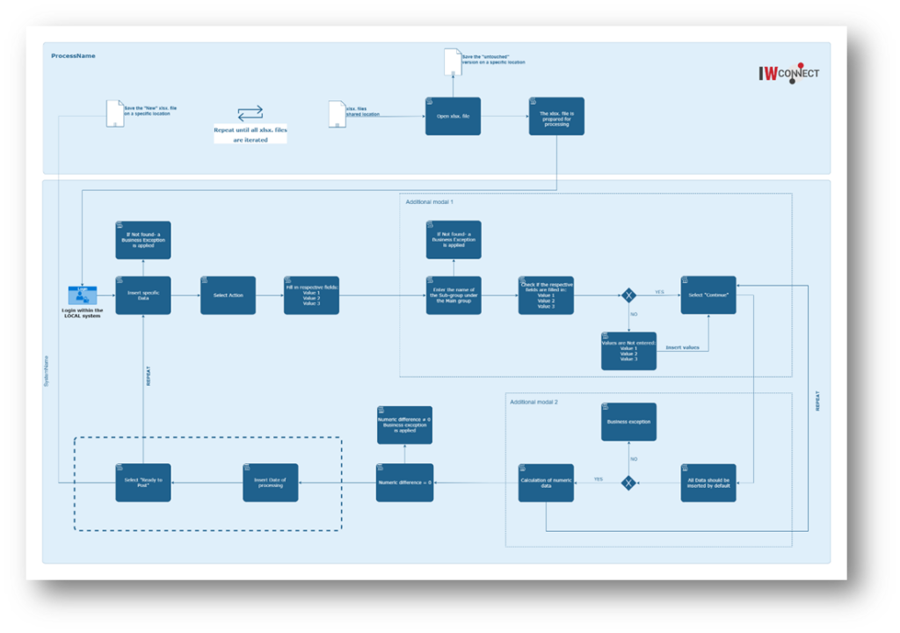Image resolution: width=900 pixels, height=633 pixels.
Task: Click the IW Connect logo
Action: click(x=788, y=74)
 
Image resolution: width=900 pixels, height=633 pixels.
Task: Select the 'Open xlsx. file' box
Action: click(x=453, y=116)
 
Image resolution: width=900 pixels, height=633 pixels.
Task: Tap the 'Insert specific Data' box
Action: click(x=142, y=295)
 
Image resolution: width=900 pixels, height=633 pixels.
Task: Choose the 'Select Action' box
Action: click(x=228, y=295)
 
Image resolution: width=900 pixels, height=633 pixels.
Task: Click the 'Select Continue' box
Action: click(x=708, y=295)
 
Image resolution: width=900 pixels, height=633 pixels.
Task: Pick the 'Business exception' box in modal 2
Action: click(x=628, y=422)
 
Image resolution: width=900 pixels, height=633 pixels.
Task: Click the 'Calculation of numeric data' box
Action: click(x=546, y=483)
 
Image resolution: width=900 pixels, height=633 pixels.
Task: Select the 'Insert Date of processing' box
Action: click(x=270, y=483)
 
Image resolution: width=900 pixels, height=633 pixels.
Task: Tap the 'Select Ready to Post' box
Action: click(x=142, y=483)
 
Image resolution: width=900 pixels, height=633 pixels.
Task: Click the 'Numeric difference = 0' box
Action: click(x=404, y=483)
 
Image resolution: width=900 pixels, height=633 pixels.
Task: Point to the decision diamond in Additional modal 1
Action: click(x=629, y=295)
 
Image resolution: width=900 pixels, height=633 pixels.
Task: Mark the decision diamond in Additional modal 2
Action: click(x=628, y=483)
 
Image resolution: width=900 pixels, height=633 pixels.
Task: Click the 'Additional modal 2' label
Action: click(x=533, y=402)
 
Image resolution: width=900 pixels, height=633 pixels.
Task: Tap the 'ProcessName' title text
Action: click(x=73, y=55)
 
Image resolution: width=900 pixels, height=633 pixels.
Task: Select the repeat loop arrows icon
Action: click(x=250, y=113)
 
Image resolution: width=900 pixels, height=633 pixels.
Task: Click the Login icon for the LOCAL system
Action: click(x=83, y=295)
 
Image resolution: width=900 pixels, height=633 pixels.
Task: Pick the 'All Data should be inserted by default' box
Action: click(x=708, y=483)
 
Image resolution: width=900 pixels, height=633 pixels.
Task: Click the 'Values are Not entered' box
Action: click(x=628, y=351)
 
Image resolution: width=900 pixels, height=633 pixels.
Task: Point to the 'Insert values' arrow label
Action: click(x=682, y=347)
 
